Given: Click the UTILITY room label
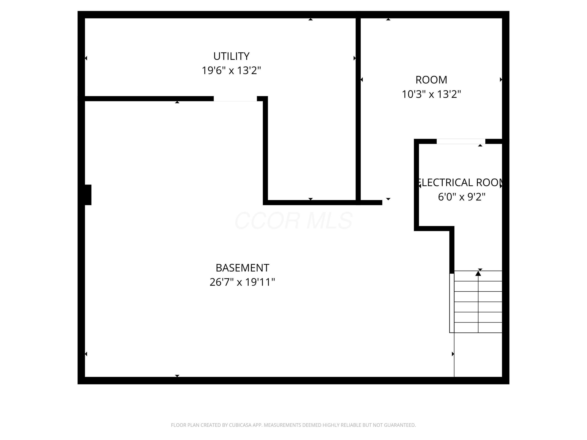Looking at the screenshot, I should pyautogui.click(x=231, y=56).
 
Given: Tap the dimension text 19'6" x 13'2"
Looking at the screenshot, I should pyautogui.click(x=231, y=71).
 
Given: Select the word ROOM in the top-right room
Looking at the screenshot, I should pyautogui.click(x=431, y=80).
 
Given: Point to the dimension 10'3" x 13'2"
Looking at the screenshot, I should pyautogui.click(x=431, y=94).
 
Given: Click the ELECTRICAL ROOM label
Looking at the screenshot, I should pyautogui.click(x=461, y=183).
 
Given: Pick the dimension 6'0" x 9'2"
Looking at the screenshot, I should pyautogui.click(x=461, y=197).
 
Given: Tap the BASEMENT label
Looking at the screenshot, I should pyautogui.click(x=242, y=268).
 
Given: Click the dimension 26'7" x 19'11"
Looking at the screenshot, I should pyautogui.click(x=242, y=282).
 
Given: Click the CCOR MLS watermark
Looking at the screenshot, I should pyautogui.click(x=293, y=220).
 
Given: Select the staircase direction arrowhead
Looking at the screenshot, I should pyautogui.click(x=478, y=273).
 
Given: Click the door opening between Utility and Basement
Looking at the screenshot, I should pyautogui.click(x=235, y=99).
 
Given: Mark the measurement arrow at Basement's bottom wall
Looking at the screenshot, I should pyautogui.click(x=177, y=375).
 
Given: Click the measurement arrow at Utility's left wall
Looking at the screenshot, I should pyautogui.click(x=86, y=58).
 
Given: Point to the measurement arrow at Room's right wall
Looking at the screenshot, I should pyautogui.click(x=501, y=80).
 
